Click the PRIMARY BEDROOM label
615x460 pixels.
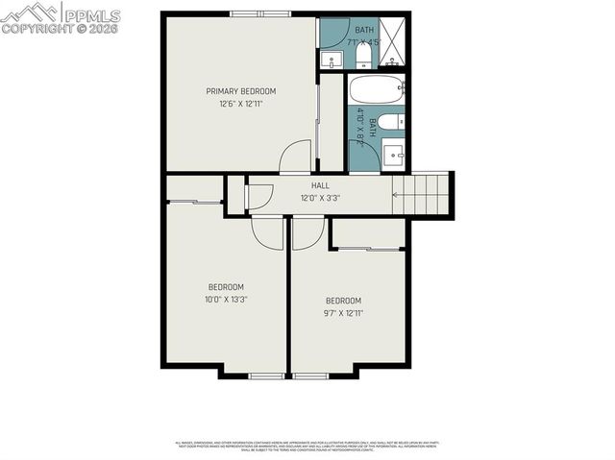click(x=234, y=91)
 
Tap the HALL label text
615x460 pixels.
click(x=320, y=185)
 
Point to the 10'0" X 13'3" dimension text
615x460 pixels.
click(x=226, y=299)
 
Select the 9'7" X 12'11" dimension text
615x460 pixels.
click(x=343, y=312)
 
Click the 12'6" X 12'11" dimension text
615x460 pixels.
click(x=234, y=104)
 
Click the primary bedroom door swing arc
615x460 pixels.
click(x=296, y=155)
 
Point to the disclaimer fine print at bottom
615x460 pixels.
click(x=307, y=446)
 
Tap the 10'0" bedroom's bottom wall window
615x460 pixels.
click(x=265, y=375)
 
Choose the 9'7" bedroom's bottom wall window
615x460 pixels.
click(x=311, y=375)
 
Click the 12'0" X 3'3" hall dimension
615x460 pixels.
click(x=320, y=199)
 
